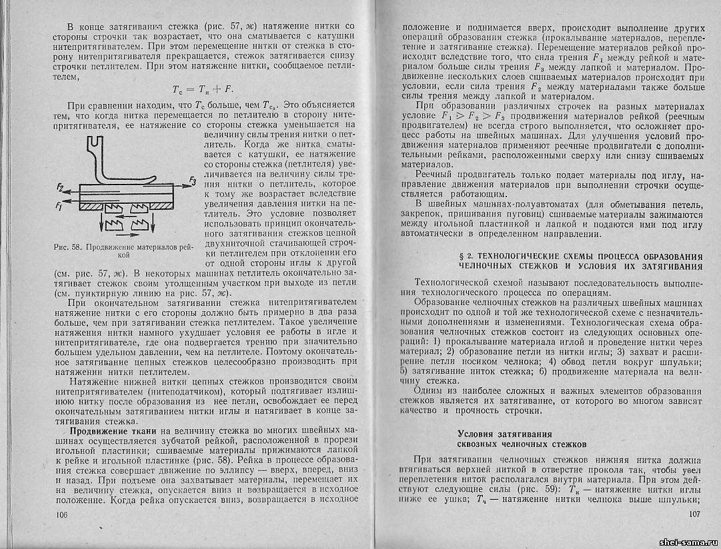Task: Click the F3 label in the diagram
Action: pos(193,180)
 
